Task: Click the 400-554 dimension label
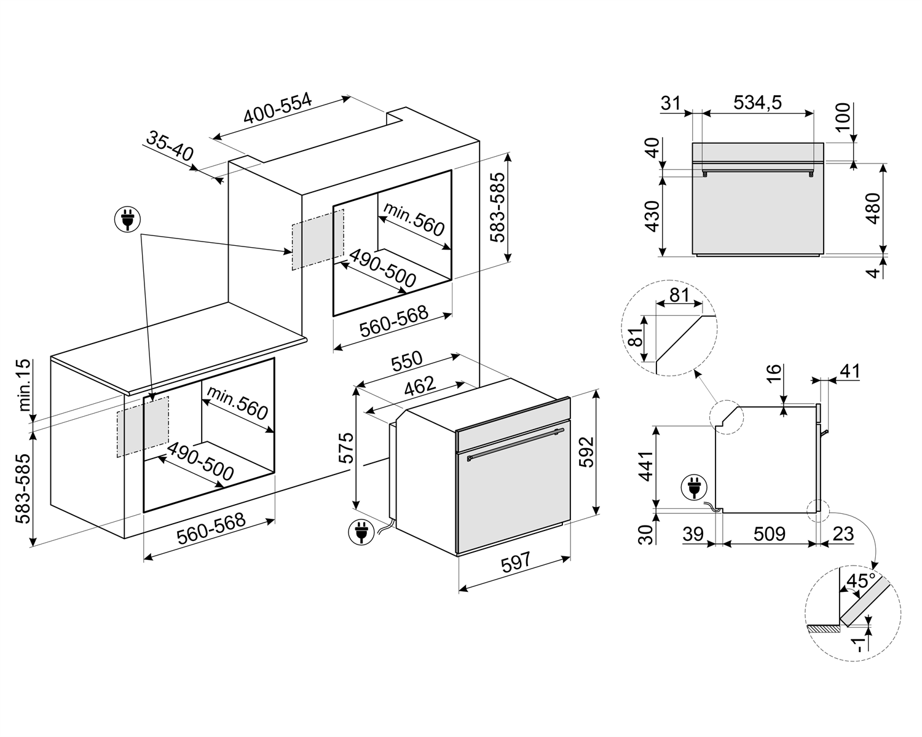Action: (278, 109)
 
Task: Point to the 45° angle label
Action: (861, 581)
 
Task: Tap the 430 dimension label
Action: (652, 216)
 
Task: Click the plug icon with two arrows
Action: (127, 219)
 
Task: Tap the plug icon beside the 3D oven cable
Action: (360, 532)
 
